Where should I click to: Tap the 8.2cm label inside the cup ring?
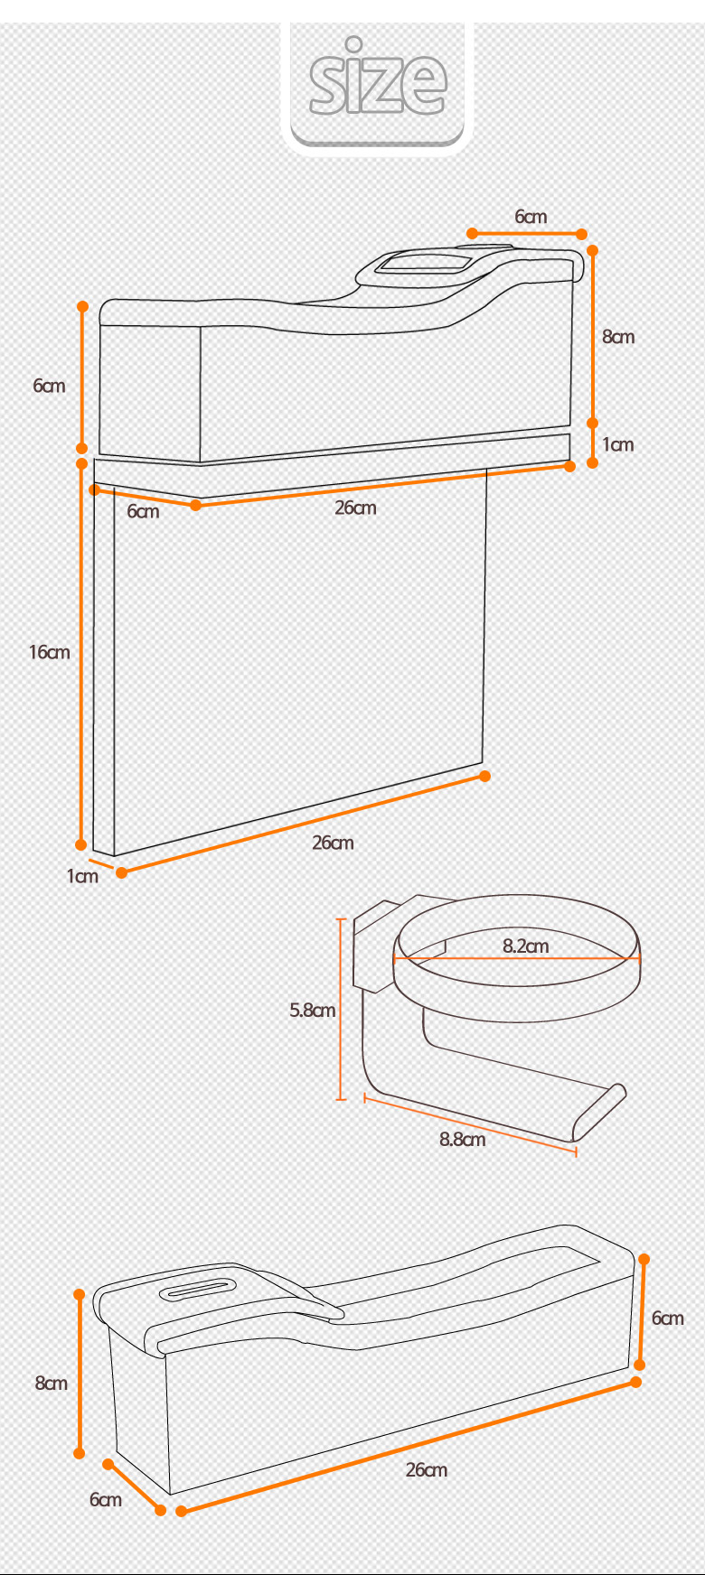point(526,946)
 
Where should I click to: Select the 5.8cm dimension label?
point(313,1010)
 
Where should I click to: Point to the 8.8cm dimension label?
point(463,1139)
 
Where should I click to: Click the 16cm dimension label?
point(49,651)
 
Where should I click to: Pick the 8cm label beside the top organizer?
point(618,336)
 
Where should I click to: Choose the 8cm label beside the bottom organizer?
point(52,1383)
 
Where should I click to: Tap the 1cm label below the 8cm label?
point(618,443)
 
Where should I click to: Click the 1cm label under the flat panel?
point(82,875)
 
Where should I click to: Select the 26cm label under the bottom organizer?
point(427,1469)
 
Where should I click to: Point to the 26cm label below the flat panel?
point(334,843)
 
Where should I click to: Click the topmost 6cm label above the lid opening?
point(531,216)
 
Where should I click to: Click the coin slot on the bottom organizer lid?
point(199,1289)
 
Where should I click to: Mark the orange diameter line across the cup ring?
point(517,958)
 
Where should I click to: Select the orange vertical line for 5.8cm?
point(341,1009)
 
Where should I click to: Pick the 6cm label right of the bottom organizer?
point(668,1318)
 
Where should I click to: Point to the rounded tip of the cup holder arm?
point(617,1092)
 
